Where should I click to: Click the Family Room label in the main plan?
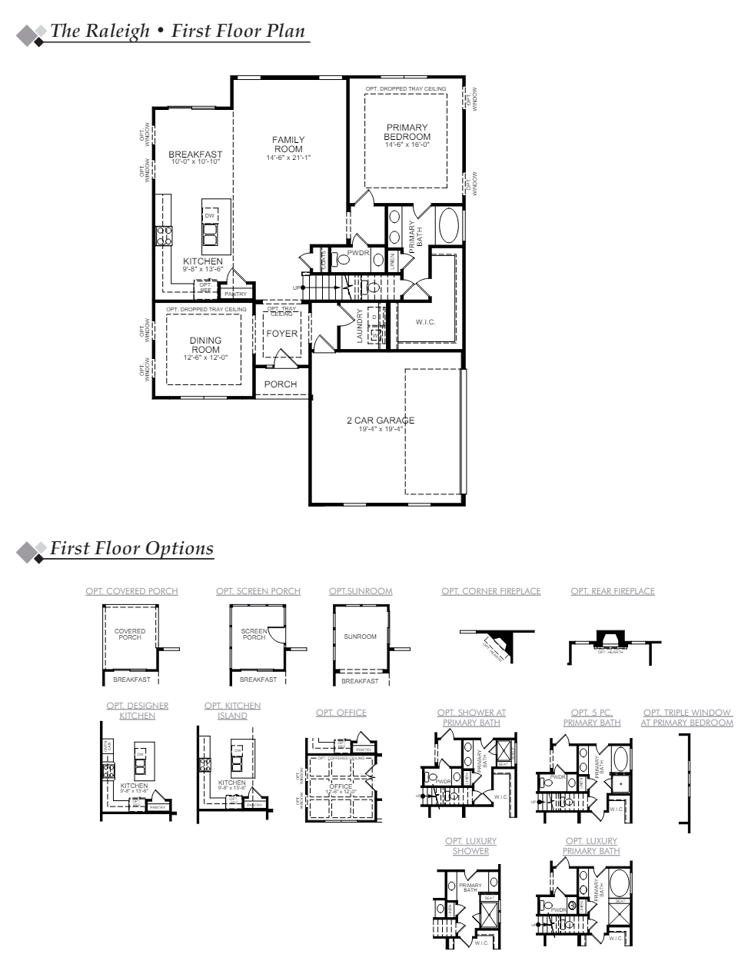(x=288, y=145)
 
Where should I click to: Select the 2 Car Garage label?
(x=381, y=421)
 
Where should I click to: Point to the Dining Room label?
(x=205, y=345)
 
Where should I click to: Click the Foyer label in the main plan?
(x=281, y=334)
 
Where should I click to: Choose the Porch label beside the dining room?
(x=281, y=384)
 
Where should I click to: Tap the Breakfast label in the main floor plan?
(x=195, y=155)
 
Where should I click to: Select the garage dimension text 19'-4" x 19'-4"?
(x=381, y=429)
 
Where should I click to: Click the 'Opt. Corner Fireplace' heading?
(x=490, y=591)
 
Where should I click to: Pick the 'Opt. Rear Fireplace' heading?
(x=613, y=591)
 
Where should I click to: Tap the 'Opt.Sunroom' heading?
(x=361, y=591)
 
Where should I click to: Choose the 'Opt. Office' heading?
(x=341, y=713)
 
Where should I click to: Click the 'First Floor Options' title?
(x=131, y=549)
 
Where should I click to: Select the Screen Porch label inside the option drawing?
(x=254, y=634)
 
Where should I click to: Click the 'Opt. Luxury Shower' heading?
(x=470, y=846)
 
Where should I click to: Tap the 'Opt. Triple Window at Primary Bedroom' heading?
(x=687, y=717)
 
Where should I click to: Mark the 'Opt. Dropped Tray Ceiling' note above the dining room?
(x=206, y=309)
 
